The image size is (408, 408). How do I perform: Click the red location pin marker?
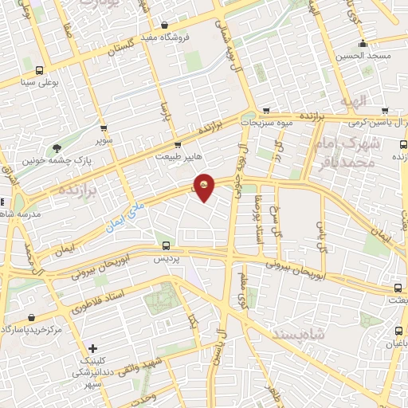(204, 187)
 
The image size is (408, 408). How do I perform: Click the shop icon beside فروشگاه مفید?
(164, 25)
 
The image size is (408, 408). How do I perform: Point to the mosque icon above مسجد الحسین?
(363, 44)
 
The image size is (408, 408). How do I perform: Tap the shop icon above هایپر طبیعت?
(178, 145)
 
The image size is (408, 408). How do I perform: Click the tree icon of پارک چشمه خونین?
(57, 147)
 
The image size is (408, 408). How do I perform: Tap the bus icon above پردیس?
(166, 245)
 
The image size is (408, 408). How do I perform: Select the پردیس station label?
(166, 259)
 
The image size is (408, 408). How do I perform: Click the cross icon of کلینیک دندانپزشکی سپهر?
(94, 348)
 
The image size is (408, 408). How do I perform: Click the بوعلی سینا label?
(40, 81)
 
